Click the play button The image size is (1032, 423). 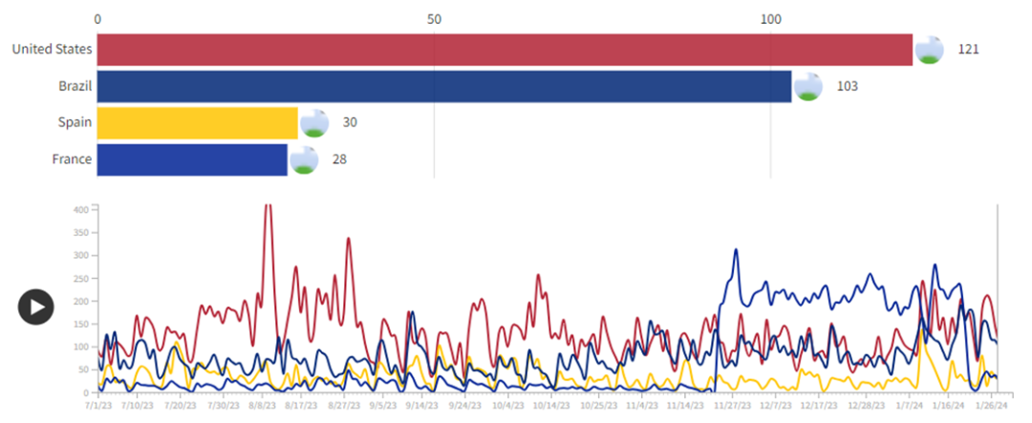[x=35, y=307]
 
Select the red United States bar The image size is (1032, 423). [x=505, y=50]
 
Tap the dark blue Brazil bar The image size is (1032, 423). [x=444, y=86]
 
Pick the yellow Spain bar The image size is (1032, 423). [x=198, y=123]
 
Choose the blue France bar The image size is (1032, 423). [x=192, y=159]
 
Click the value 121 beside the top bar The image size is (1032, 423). [x=968, y=50]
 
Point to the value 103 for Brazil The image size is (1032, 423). [x=847, y=86]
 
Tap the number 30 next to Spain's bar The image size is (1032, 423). [x=350, y=123]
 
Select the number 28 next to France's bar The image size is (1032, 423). [x=339, y=159]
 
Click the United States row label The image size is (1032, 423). [x=52, y=50]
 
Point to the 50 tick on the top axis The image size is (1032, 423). [x=434, y=19]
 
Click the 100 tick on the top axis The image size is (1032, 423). [x=770, y=19]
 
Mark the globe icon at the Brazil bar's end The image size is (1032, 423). [x=808, y=86]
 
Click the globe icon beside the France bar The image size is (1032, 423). [x=304, y=159]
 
